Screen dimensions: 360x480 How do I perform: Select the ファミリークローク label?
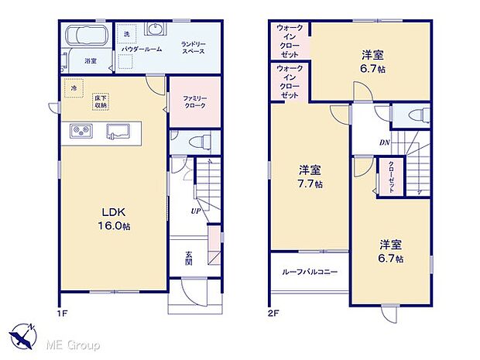coord(194,103)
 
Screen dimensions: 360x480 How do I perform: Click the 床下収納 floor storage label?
coord(101,101)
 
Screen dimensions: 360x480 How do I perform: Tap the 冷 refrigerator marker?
coord(74,88)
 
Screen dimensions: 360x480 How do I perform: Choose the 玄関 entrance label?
coord(189,257)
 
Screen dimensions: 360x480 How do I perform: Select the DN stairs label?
coord(384,142)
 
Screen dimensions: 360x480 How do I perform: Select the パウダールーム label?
coord(142,49)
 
